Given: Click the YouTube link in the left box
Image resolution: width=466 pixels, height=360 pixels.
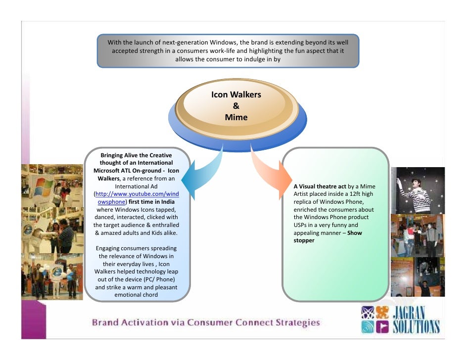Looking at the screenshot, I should click(x=137, y=198).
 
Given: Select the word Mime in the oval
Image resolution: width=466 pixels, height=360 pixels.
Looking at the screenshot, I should click(x=236, y=117).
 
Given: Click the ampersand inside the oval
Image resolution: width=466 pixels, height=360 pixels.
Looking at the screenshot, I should click(x=236, y=106).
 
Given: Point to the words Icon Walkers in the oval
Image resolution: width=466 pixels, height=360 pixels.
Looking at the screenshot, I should click(x=236, y=94).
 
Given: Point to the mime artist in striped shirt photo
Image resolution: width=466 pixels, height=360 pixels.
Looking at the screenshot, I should click(x=417, y=190).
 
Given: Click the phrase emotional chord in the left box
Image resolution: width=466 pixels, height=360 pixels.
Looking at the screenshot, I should click(x=136, y=295).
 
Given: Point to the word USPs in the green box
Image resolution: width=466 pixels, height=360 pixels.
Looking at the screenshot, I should click(x=300, y=225).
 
